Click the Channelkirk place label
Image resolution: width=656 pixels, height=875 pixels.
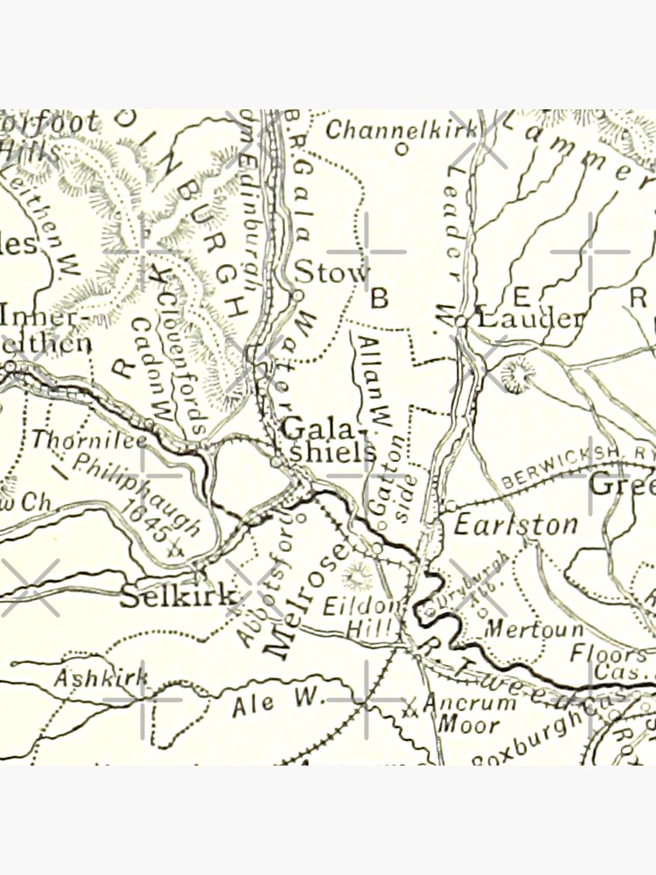401,129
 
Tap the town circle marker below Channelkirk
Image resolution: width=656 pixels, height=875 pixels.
401,149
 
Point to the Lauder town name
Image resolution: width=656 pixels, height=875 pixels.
527,318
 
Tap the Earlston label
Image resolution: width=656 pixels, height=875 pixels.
515,524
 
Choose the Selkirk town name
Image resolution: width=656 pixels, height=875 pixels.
178,597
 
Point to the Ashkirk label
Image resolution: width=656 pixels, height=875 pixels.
101,677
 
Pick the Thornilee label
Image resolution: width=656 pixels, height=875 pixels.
89,440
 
